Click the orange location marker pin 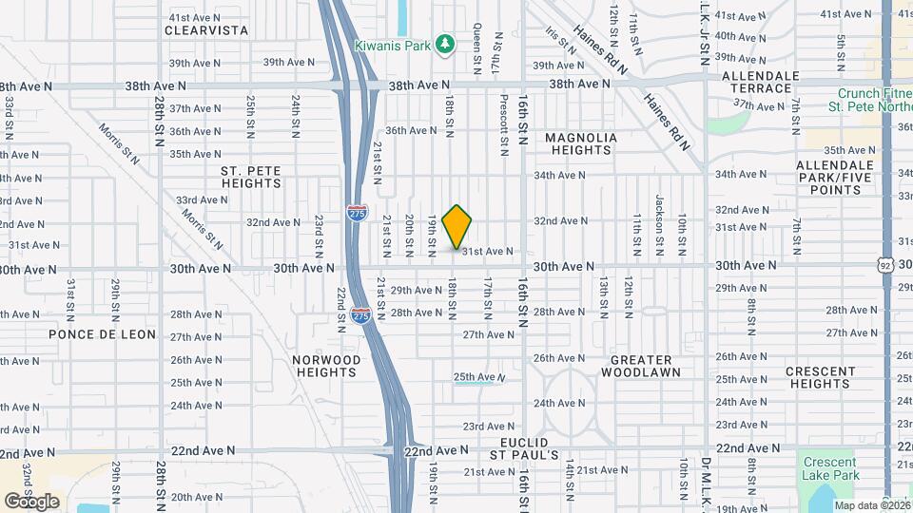click(457, 227)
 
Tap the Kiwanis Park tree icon click(443, 45)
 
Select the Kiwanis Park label click(393, 46)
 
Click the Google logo click(31, 501)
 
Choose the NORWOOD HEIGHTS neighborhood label click(326, 367)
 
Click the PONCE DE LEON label click(87, 334)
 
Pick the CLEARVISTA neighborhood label click(205, 30)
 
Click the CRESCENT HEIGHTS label click(819, 377)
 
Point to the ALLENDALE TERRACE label click(757, 82)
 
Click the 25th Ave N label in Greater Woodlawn click(475, 378)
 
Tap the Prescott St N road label click(504, 124)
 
